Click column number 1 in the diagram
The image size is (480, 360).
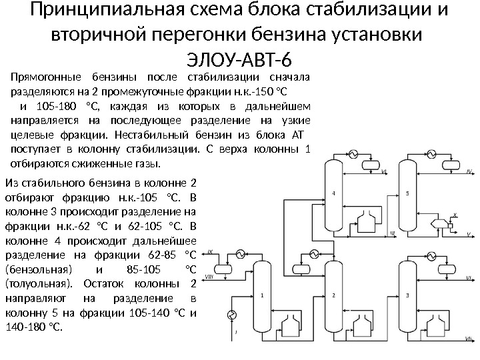(262, 294)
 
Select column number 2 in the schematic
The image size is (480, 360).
(333, 294)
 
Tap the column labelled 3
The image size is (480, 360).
(407, 294)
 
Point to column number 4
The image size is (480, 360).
(333, 193)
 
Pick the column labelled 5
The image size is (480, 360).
(407, 193)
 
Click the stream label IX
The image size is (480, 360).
(211, 252)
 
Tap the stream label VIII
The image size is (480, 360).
(209, 275)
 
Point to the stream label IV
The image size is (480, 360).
(468, 171)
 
